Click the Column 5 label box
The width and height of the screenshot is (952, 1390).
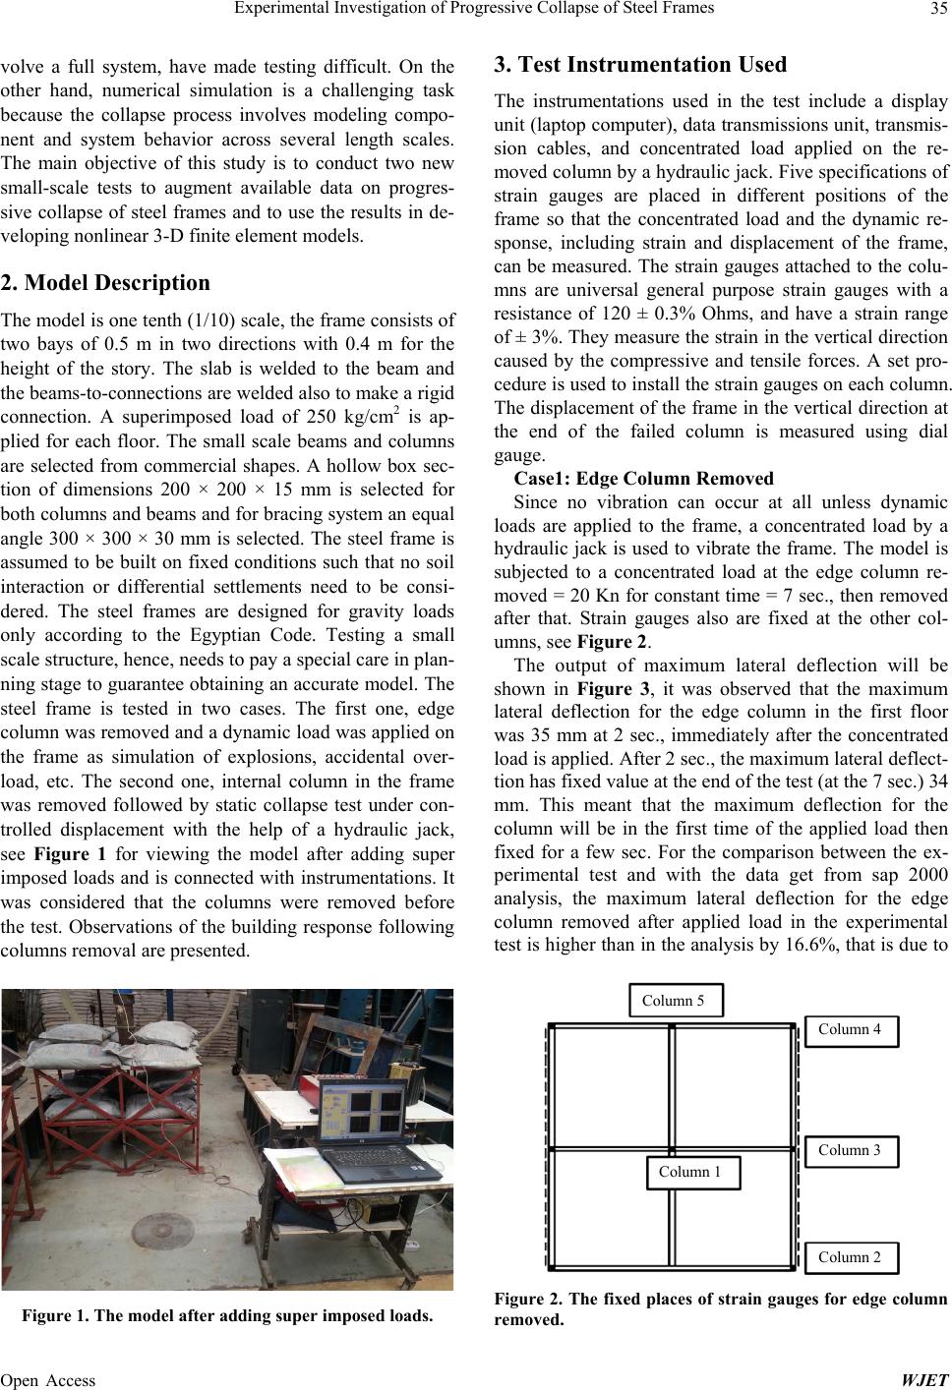click(674, 1001)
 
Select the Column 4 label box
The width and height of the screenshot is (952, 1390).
click(850, 1029)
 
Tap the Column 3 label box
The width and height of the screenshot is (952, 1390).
click(850, 1150)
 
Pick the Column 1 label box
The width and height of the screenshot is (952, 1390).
click(690, 1172)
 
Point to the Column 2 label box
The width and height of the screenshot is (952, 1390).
click(850, 1256)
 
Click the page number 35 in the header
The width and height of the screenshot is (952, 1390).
click(934, 11)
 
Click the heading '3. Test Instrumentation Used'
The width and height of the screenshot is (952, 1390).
click(640, 66)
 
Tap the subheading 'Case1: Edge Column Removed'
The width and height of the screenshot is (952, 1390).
click(644, 479)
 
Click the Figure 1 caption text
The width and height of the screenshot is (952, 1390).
click(228, 1315)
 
